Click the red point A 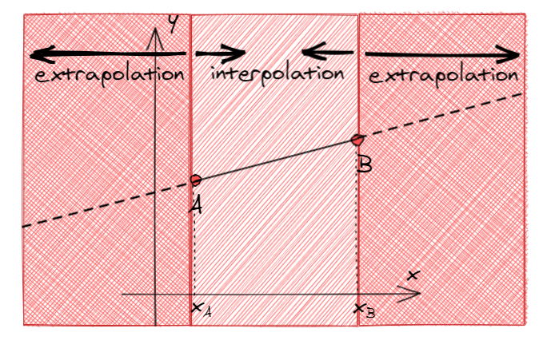pos(195,180)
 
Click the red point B pos(358,140)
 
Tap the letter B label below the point pos(365,164)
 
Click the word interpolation pos(277,73)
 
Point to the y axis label pos(170,25)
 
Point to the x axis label pos(413,275)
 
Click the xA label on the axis pos(201,308)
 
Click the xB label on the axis pos(365,310)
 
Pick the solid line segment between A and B pos(277,160)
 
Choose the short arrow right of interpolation pos(328,55)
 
